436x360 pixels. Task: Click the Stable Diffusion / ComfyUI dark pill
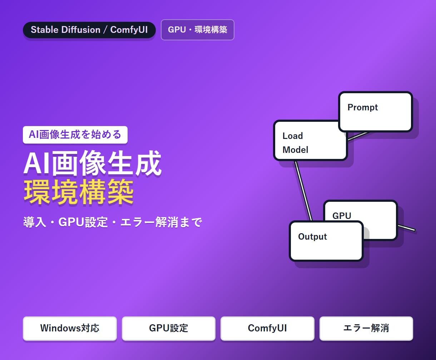pyautogui.click(x=89, y=30)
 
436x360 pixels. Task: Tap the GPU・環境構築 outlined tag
pyautogui.click(x=198, y=30)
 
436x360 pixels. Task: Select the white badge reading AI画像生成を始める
pyautogui.click(x=75, y=135)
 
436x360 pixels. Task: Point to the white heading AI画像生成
pyautogui.click(x=93, y=163)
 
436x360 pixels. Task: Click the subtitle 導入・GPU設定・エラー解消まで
pyautogui.click(x=113, y=222)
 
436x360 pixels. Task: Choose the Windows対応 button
pyautogui.click(x=70, y=329)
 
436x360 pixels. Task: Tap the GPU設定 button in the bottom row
pyautogui.click(x=169, y=329)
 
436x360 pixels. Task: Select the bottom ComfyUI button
pyautogui.click(x=267, y=329)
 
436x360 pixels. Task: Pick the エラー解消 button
pyautogui.click(x=366, y=329)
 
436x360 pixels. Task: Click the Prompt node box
pyautogui.click(x=376, y=112)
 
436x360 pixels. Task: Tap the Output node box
pyautogui.click(x=326, y=241)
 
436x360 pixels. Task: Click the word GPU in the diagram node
pyautogui.click(x=342, y=216)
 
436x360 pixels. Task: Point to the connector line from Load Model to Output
pyautogui.click(x=303, y=191)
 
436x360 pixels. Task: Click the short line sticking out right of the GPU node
pyautogui.click(x=407, y=228)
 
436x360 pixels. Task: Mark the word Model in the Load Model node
pyautogui.click(x=295, y=150)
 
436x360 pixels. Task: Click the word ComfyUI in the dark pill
pyautogui.click(x=129, y=30)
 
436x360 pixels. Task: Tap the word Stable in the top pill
pyautogui.click(x=44, y=30)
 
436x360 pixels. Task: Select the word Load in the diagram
pyautogui.click(x=293, y=136)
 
